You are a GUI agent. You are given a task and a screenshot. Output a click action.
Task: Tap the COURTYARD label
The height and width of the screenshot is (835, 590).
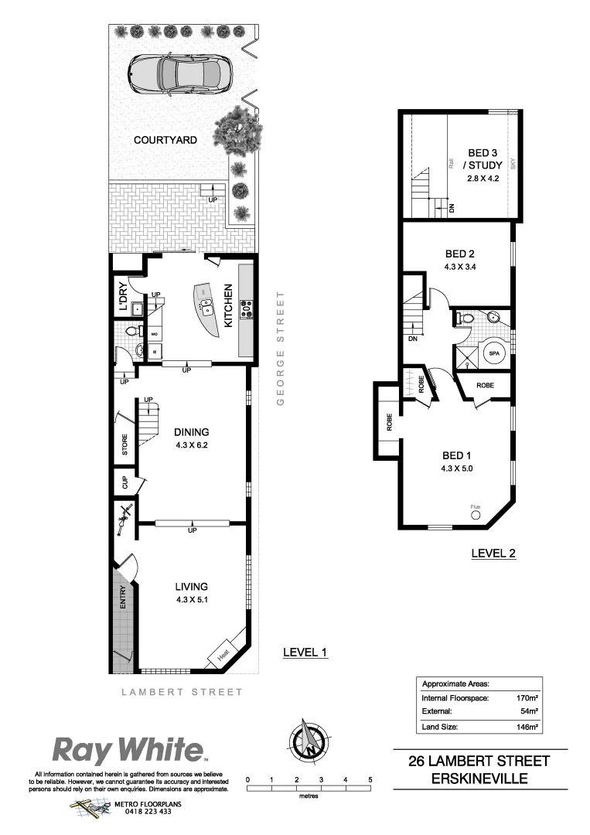[165, 140]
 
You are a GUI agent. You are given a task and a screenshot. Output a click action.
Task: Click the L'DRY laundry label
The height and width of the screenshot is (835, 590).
[121, 298]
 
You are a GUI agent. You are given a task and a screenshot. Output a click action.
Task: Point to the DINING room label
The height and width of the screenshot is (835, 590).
[192, 432]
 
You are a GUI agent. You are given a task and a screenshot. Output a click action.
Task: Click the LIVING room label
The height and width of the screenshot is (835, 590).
[191, 586]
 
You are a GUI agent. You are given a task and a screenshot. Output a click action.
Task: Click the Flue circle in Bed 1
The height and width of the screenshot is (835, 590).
[475, 514]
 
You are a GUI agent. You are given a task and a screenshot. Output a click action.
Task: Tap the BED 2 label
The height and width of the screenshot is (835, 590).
[459, 254]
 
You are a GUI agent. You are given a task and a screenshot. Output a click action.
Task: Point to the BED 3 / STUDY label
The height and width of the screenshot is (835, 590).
[483, 158]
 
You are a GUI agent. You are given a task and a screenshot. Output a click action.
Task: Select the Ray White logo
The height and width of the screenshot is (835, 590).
[128, 750]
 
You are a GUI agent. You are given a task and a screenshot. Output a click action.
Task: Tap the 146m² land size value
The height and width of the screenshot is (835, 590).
[527, 727]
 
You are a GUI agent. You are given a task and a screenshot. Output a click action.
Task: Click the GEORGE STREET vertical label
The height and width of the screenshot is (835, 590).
[282, 349]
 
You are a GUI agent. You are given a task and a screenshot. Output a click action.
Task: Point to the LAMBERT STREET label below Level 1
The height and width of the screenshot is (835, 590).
[182, 692]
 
